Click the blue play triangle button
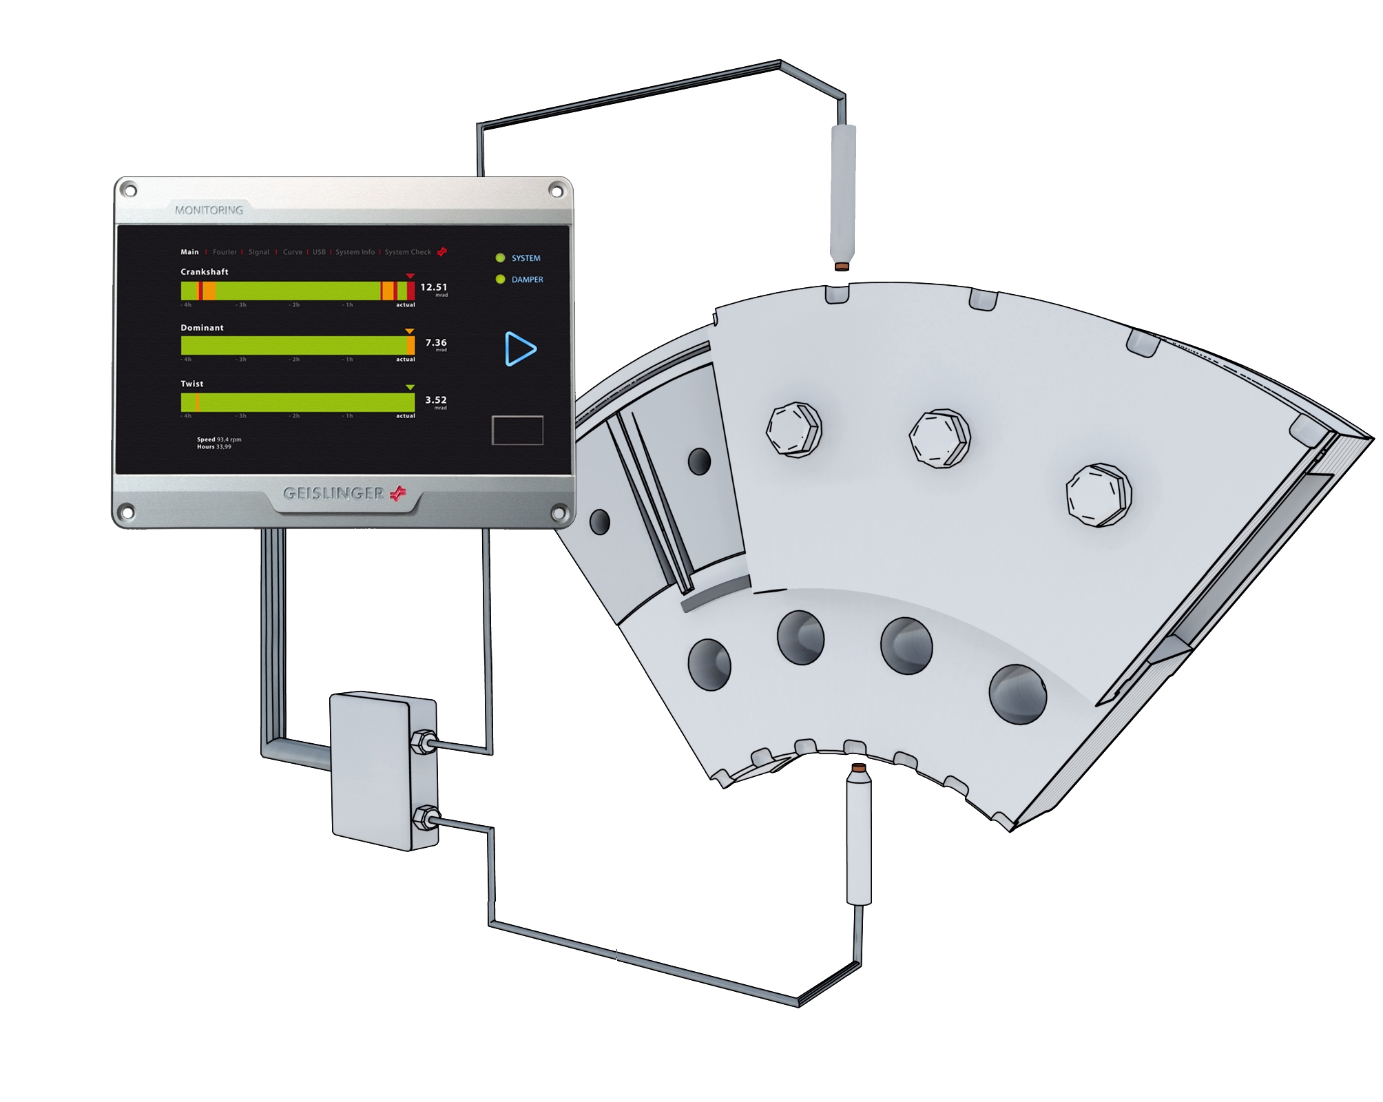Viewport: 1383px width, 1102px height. pyautogui.click(x=519, y=349)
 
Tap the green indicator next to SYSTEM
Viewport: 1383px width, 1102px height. pyautogui.click(x=500, y=258)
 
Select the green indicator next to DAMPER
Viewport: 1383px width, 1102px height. pyautogui.click(x=500, y=279)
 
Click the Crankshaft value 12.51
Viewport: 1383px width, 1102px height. pyautogui.click(x=433, y=287)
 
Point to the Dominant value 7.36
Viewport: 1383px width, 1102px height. pyautogui.click(x=435, y=342)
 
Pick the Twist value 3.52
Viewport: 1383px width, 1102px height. pyautogui.click(x=435, y=399)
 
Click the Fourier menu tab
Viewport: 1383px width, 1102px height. pyautogui.click(x=225, y=252)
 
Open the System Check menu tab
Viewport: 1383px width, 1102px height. pyautogui.click(x=408, y=252)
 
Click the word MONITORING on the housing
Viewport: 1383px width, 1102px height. pyautogui.click(x=209, y=209)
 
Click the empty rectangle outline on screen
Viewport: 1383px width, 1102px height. pyautogui.click(x=517, y=430)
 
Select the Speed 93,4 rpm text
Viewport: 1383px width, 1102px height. pyautogui.click(x=219, y=439)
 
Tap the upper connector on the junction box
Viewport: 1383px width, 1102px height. pyautogui.click(x=422, y=742)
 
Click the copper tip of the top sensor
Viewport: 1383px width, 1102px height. pyautogui.click(x=842, y=267)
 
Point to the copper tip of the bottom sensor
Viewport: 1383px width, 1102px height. pyautogui.click(x=858, y=767)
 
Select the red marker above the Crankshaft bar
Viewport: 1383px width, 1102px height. pyautogui.click(x=410, y=276)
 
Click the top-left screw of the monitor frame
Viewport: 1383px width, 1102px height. pyautogui.click(x=129, y=190)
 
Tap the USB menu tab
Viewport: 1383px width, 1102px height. pyautogui.click(x=319, y=252)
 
